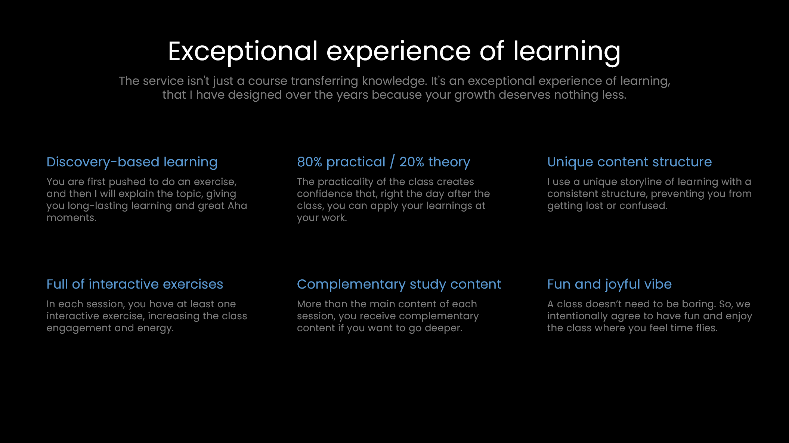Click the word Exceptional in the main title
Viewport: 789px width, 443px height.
tap(242, 52)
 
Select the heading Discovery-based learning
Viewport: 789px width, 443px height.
tap(132, 162)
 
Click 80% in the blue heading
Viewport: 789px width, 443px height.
tap(309, 162)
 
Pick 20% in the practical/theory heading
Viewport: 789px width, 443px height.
tap(411, 162)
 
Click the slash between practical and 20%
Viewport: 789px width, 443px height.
tap(392, 162)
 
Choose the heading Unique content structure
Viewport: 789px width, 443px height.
tap(629, 162)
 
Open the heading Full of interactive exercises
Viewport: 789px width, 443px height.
tap(134, 284)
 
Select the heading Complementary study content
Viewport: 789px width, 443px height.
tap(399, 284)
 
